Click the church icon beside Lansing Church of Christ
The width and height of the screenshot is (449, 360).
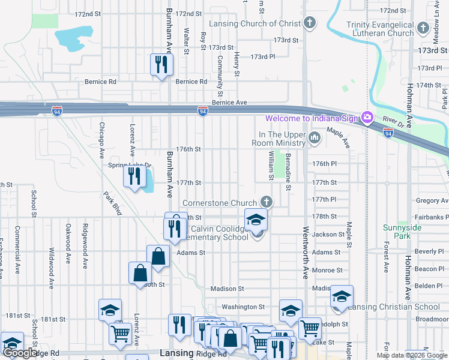click(x=310, y=24)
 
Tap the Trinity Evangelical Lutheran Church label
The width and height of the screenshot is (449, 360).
click(x=380, y=29)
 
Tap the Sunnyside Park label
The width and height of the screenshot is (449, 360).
click(x=397, y=232)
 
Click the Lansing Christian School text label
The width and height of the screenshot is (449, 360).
click(x=394, y=307)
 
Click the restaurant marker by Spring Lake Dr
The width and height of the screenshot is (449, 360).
click(x=134, y=176)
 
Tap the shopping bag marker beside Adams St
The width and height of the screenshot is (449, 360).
click(x=158, y=256)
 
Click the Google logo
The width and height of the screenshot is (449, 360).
click(x=21, y=353)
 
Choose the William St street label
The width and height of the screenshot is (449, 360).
click(x=271, y=166)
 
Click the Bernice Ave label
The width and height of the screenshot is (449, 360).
click(x=229, y=103)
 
